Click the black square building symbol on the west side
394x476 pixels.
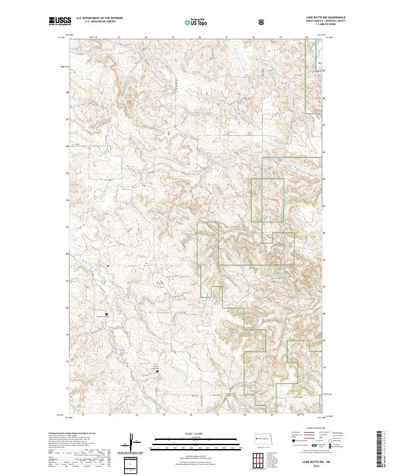pyautogui.click(x=103, y=314)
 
